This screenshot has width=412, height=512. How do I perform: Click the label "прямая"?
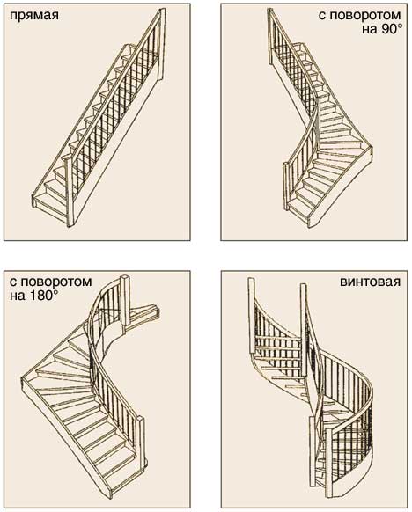coord(34,16)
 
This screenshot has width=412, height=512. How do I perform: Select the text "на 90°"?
coord(381,29)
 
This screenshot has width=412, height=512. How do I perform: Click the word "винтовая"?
coord(370,282)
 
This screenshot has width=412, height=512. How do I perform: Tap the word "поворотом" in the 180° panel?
coord(55,282)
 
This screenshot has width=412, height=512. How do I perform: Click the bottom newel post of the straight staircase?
coord(69,191)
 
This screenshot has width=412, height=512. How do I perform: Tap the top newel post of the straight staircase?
coord(161,46)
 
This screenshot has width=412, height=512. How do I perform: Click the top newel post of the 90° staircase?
coord(271,37)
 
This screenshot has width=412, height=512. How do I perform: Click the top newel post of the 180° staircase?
coord(126,300)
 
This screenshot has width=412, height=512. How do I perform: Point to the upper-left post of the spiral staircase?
coord(251,315)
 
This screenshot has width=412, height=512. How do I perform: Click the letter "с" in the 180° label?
coord(13,282)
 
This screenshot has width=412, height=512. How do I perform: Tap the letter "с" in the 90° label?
coord(322,16)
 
